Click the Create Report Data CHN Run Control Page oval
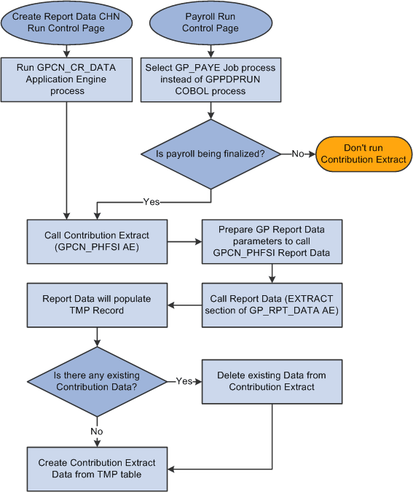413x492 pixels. [66, 22]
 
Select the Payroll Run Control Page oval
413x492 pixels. [211, 22]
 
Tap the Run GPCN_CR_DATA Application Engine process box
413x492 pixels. [66, 79]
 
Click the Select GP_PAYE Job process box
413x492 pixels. [211, 79]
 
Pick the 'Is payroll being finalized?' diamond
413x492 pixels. [211, 154]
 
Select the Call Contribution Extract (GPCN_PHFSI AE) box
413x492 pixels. [96, 241]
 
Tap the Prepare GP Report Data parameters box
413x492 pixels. [272, 241]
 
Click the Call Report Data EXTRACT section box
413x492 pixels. [272, 305]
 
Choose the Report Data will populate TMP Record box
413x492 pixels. [96, 305]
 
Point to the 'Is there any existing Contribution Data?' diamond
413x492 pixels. [96, 381]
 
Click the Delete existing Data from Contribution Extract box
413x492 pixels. [272, 381]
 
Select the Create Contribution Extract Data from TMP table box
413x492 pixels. [96, 468]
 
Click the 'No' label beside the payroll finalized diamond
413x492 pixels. [298, 154]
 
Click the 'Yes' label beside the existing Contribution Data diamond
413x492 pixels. [184, 381]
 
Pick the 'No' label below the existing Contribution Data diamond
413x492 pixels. [96, 431]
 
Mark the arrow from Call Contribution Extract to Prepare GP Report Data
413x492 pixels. [184, 241]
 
